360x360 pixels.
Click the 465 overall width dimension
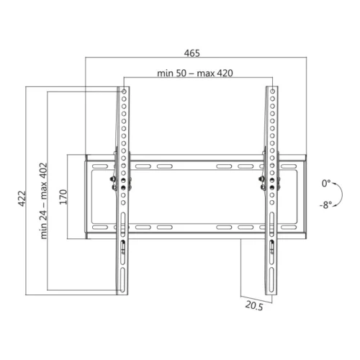(x=192, y=53)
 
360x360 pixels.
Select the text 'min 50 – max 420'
(x=194, y=73)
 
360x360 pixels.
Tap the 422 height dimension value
(x=22, y=198)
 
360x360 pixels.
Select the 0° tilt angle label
(x=326, y=184)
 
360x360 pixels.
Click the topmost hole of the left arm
(x=124, y=92)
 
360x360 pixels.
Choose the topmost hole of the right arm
(x=271, y=92)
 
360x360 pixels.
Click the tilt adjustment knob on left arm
(x=112, y=181)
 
